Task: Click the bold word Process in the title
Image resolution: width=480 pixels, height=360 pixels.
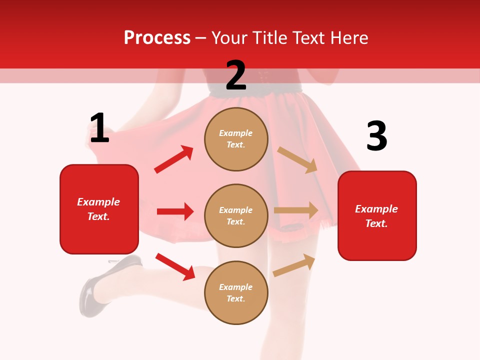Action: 157,38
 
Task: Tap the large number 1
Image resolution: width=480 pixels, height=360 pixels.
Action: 99,128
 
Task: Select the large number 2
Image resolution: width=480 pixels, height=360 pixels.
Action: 236,75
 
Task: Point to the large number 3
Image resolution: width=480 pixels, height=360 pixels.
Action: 376,136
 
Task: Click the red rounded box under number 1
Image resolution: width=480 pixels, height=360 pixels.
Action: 99,209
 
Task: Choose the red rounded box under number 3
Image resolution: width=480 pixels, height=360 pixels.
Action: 377,215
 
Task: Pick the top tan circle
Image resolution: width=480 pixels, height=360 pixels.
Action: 236,139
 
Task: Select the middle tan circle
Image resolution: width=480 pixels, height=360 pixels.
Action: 236,215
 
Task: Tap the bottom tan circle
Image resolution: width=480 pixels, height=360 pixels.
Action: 236,292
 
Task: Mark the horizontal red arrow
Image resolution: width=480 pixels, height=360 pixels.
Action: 175,211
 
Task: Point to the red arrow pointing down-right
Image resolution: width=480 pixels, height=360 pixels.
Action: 175,266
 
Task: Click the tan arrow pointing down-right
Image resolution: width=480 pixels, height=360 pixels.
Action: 297,159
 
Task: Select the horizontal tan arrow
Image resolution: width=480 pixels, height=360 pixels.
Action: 296,210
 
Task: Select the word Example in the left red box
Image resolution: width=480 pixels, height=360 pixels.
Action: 98,202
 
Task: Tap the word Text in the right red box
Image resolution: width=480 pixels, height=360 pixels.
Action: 376,223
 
